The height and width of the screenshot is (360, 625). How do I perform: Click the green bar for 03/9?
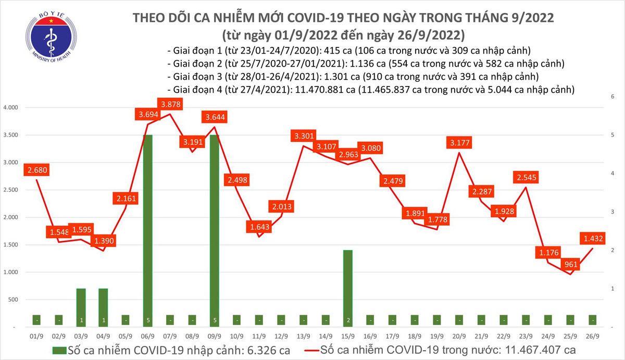81,307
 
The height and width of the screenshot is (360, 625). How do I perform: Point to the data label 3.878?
171,105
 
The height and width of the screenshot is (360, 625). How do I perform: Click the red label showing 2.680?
38,169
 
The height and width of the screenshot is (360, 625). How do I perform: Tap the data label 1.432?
594,239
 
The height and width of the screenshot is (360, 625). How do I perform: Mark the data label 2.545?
527,177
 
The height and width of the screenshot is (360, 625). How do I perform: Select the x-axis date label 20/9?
459,337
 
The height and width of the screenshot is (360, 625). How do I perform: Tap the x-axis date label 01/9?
37,337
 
